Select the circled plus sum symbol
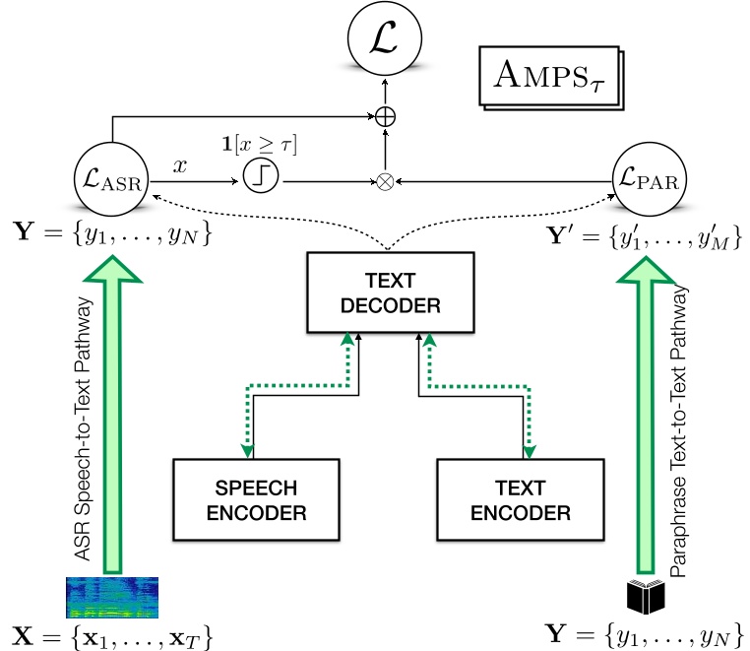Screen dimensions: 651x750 tap(386, 116)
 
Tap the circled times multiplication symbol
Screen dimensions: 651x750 tap(386, 180)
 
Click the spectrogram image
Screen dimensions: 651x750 tap(111, 598)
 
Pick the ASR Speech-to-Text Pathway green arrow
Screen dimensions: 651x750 tap(111, 414)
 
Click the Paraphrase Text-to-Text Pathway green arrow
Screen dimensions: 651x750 tap(646, 414)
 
